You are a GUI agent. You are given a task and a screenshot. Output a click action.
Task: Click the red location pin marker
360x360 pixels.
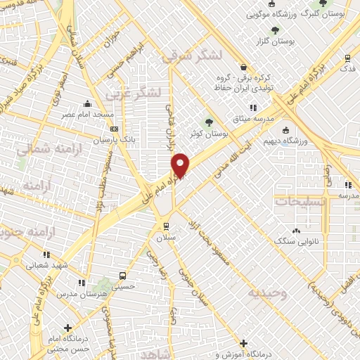(x=181, y=165)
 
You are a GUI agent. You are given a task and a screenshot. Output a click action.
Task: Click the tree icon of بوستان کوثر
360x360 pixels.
(x=210, y=122)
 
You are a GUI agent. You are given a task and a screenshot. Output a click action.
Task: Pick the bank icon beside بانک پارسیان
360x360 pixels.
(x=114, y=129)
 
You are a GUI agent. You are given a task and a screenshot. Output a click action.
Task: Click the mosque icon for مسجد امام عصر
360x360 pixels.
(x=87, y=103)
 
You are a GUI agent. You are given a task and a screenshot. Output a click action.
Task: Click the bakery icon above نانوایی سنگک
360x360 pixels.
(x=296, y=231)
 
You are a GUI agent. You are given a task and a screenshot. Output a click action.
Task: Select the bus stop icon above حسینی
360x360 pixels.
(x=123, y=276)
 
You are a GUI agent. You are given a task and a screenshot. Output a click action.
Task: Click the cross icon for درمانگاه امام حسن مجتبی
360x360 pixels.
(x=67, y=328)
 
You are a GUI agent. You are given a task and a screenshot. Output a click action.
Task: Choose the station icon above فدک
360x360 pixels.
(x=347, y=58)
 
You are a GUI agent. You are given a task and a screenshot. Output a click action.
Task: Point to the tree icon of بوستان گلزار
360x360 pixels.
(x=274, y=30)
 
